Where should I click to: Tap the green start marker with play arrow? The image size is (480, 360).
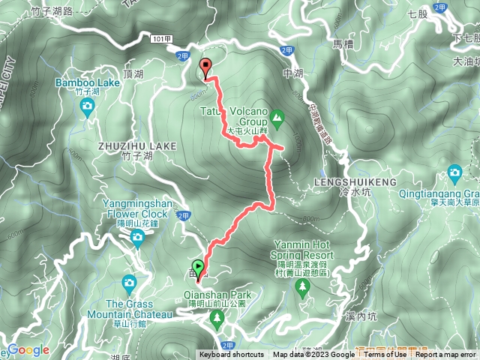click(x=198, y=266)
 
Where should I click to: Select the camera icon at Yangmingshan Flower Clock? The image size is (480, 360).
click(x=136, y=238)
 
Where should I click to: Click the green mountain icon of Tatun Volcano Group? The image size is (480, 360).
click(x=277, y=117)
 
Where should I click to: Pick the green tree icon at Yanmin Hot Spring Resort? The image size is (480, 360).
click(x=304, y=288)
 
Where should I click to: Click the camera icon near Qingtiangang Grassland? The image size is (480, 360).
click(x=454, y=175)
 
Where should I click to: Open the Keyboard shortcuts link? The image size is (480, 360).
click(x=231, y=355)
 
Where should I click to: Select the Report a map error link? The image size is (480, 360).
click(x=446, y=355)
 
